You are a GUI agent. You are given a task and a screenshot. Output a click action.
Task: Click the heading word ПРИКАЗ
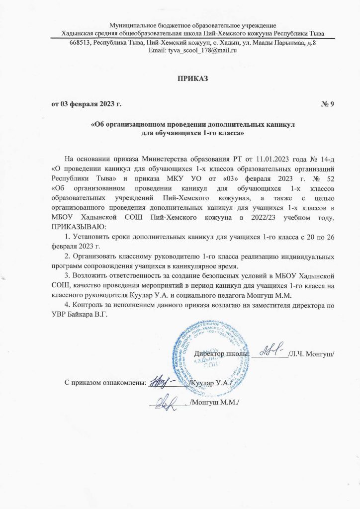pyautogui.click(x=192, y=78)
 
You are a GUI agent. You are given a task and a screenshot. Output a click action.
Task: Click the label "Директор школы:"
pyautogui.click(x=221, y=353)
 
